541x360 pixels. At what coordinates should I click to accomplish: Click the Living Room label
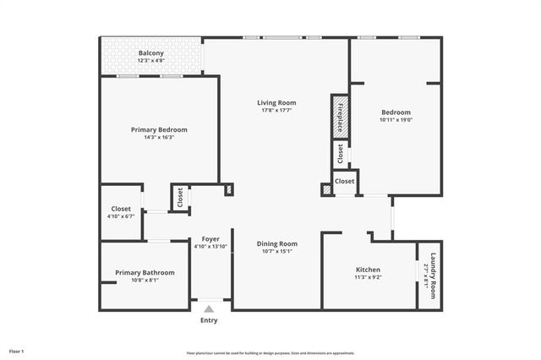point(276,102)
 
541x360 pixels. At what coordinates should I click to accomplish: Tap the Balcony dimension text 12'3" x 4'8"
point(151,61)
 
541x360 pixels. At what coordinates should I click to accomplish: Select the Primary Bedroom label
point(159,129)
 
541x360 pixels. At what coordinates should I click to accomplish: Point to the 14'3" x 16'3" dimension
point(159,138)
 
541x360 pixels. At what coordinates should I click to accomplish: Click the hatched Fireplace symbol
point(339,116)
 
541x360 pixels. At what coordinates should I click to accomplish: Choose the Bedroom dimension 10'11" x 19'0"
point(396,121)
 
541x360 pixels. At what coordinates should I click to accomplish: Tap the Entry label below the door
point(209,320)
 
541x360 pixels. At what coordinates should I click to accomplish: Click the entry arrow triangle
point(209,308)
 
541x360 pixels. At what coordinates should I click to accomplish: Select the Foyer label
point(210,239)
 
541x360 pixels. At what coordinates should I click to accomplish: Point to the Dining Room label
point(276,243)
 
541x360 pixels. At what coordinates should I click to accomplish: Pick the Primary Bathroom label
point(145,272)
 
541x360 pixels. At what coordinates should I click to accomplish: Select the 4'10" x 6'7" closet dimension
point(121,217)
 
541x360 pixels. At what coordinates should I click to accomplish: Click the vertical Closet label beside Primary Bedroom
point(180,198)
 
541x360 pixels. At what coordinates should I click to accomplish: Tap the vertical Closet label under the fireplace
point(340,154)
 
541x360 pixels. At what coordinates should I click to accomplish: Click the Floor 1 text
point(17,351)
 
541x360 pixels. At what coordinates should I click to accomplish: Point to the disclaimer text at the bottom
point(270,353)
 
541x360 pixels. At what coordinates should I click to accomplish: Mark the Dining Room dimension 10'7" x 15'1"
point(276,251)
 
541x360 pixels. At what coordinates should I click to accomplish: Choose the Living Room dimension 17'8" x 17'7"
point(276,111)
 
